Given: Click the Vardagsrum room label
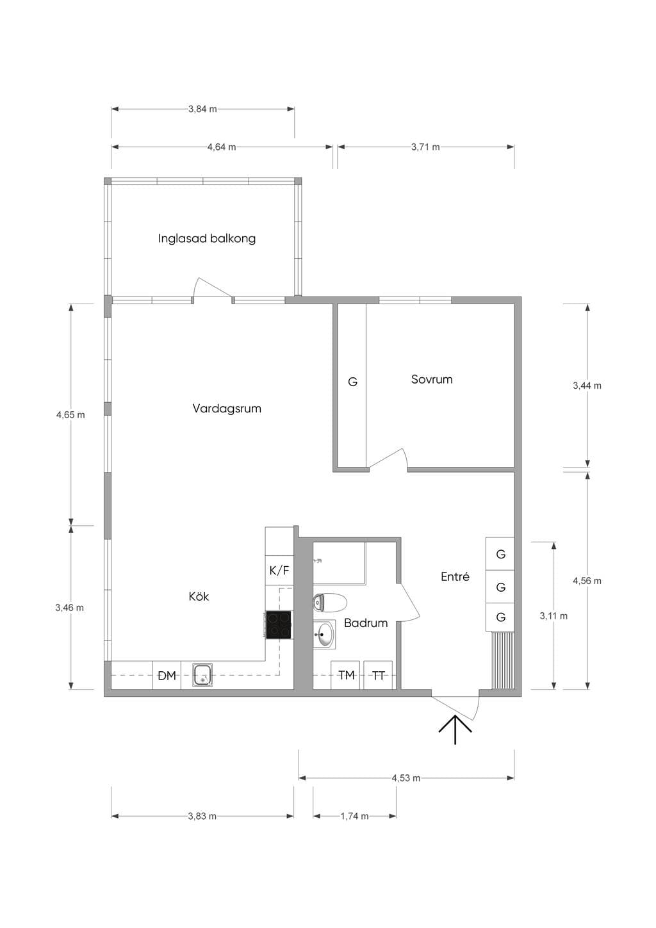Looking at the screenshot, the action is click(227, 409).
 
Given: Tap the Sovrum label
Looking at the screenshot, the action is click(431, 379).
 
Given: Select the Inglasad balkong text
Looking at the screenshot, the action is click(207, 239).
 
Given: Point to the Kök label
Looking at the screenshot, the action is click(199, 596).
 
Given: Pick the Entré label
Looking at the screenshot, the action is click(455, 576).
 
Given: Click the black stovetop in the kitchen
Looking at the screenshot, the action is click(278, 624).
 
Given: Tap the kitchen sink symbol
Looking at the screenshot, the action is click(203, 674).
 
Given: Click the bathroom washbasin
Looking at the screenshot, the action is click(324, 634).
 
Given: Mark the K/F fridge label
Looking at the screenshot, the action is click(279, 571).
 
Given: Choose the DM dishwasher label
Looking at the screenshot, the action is click(167, 676).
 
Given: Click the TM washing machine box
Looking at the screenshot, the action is click(345, 675).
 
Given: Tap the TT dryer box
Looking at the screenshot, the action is click(378, 675).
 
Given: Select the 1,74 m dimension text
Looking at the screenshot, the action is click(354, 816).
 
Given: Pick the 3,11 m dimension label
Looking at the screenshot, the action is click(553, 616).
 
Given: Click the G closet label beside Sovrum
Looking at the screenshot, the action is click(352, 382).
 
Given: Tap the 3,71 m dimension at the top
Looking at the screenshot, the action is click(425, 147).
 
